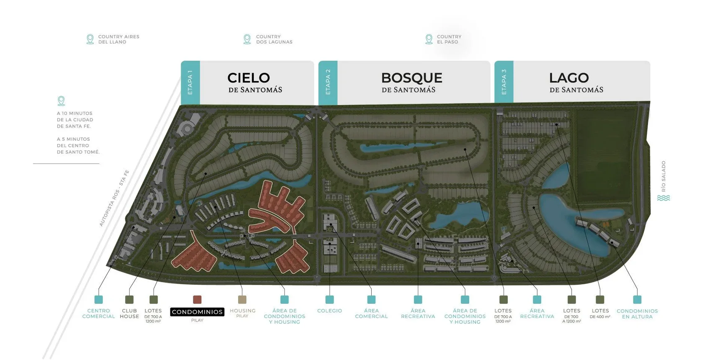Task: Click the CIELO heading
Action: (249, 78)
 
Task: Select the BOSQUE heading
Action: (411, 78)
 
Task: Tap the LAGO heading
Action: (569, 78)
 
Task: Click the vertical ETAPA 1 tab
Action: (190, 82)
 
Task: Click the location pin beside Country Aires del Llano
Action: (90, 39)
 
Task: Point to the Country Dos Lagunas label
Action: (274, 39)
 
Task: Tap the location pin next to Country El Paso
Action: (429, 39)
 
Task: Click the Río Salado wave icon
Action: (663, 198)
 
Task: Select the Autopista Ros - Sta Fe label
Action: (114, 198)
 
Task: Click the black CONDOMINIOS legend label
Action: (197, 312)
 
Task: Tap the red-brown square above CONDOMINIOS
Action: (197, 299)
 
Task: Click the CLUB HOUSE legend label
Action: (129, 314)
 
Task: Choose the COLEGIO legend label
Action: (329, 311)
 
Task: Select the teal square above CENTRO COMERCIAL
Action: (98, 299)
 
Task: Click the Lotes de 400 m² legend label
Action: (600, 314)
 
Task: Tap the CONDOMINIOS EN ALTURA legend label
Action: (637, 314)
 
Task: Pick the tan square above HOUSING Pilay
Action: (242, 299)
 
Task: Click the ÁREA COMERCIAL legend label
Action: (371, 314)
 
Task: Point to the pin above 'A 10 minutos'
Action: (61, 101)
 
